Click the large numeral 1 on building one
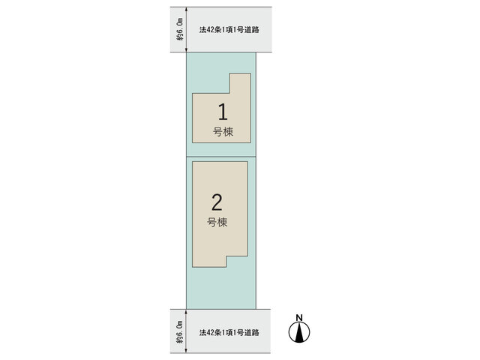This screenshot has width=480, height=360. tap(223, 112)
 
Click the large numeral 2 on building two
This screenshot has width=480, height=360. tap(217, 202)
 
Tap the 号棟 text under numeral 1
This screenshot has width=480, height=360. tap(223, 132)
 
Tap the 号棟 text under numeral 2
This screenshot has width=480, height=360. tap(217, 222)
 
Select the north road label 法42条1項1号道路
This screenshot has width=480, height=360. tap(229, 30)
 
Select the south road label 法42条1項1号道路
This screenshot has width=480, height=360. tap(229, 332)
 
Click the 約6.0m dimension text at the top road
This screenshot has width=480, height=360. tap(180, 29)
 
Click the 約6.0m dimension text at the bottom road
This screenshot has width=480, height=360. tap(180, 331)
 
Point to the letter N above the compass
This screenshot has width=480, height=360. tap(299, 318)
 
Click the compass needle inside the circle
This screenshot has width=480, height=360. tap(299, 333)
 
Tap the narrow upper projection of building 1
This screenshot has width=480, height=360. tap(240, 83)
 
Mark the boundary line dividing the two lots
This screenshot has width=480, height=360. tap(221, 157)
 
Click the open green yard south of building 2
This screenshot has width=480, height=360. tap(221, 288)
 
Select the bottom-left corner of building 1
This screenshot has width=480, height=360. tap(192, 142)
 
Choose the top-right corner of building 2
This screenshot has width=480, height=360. tap(247, 162)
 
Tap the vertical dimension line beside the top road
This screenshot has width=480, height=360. tap(187, 30)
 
